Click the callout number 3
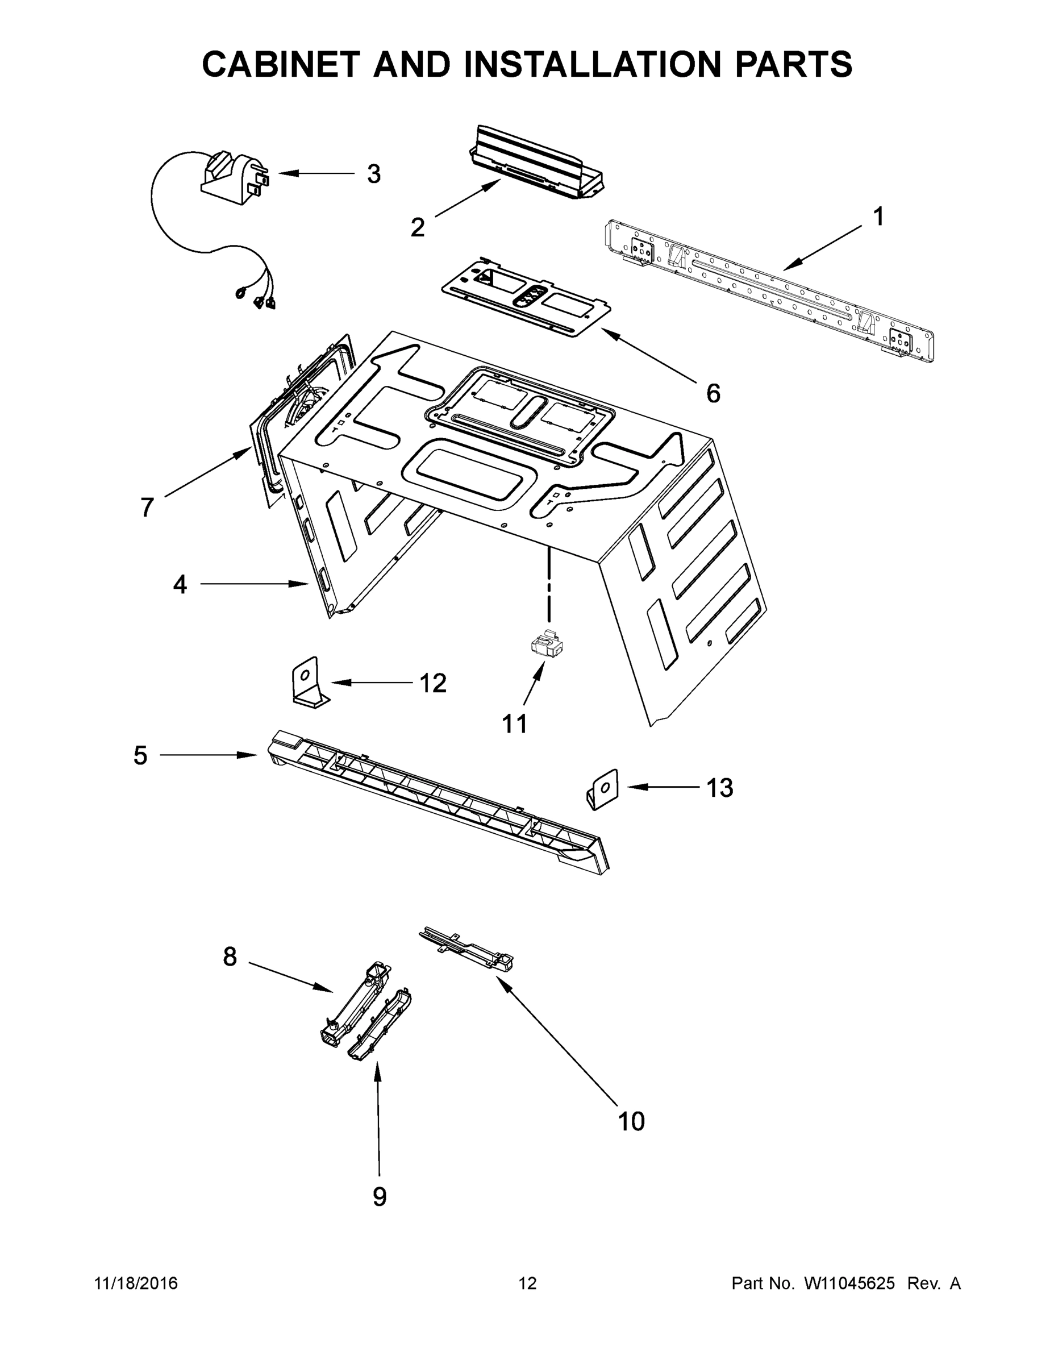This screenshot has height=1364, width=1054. pos(373,174)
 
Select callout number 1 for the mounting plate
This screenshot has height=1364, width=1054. pos(878,217)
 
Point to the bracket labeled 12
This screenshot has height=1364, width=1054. pos(308,684)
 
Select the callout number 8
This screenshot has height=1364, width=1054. pos(230,956)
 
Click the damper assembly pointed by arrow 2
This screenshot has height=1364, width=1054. pos(536,164)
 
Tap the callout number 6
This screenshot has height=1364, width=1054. pos(713,393)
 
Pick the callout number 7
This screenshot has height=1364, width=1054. pos(147,507)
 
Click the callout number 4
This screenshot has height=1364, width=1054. pos(180,585)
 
